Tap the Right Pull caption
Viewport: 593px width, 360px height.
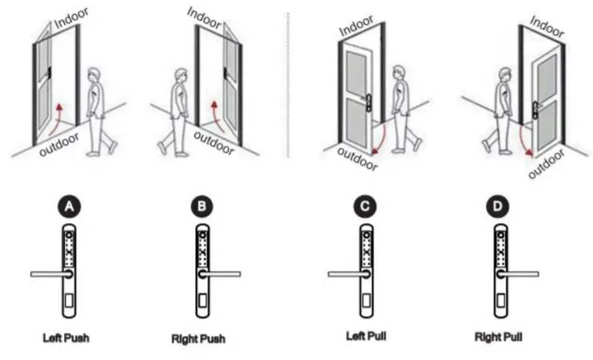pos(498,337)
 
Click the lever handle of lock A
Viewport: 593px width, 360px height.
pos(48,274)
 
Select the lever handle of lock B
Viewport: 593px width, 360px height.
pos(221,274)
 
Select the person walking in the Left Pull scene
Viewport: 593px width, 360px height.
pos(400,107)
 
